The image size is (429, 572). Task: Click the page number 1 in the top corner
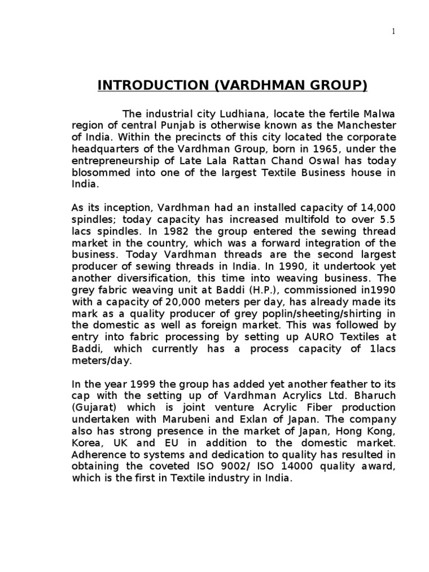coord(393,32)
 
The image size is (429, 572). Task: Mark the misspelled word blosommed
coord(99,173)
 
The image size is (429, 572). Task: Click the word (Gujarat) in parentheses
coord(97,407)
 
